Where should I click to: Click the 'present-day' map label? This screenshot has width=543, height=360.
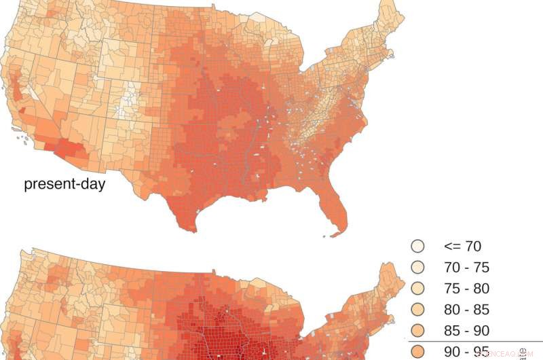pyautogui.click(x=64, y=184)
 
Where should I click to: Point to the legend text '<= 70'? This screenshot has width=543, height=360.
pyautogui.click(x=462, y=247)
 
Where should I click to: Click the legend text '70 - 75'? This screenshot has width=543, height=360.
pyautogui.click(x=466, y=268)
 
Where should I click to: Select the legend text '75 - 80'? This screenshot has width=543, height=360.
pyautogui.click(x=466, y=289)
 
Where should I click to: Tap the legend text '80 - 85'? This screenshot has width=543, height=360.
pyautogui.click(x=466, y=310)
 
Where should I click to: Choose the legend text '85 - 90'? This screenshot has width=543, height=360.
pyautogui.click(x=466, y=331)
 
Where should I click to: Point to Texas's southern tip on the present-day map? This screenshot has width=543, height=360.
pyautogui.click(x=185, y=224)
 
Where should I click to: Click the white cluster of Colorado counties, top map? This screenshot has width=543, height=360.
pyautogui.click(x=126, y=102)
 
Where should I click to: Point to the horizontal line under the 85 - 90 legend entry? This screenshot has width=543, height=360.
pyautogui.click(x=475, y=341)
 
